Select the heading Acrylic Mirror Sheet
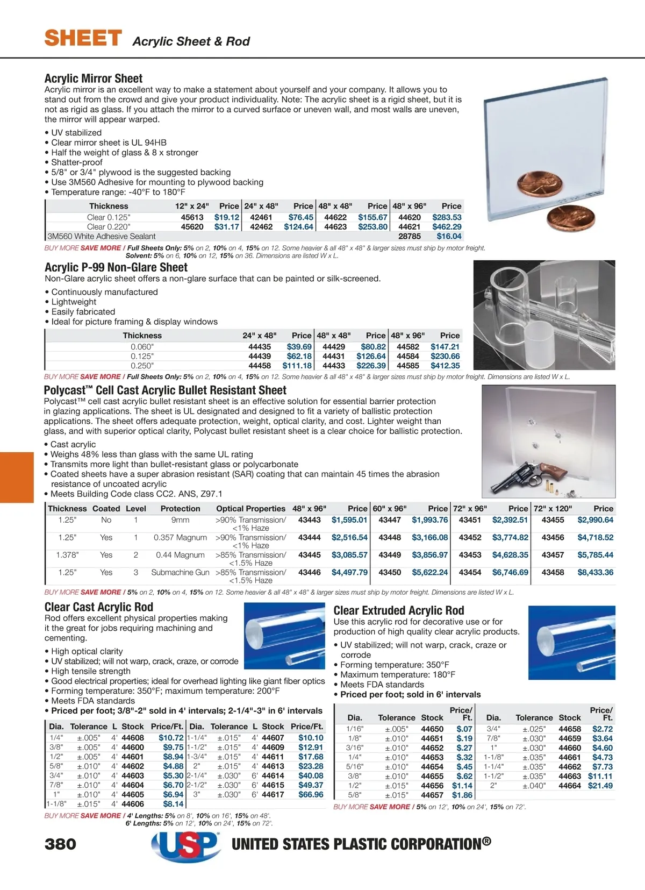pos(94,79)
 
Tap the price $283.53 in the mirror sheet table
pos(447,217)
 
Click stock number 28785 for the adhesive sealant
pos(410,236)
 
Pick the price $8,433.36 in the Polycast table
pos(595,572)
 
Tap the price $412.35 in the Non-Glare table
pos(445,366)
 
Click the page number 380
pos(60,844)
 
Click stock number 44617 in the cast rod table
pos(273,794)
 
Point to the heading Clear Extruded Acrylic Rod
pos(398,610)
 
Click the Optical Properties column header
pos(250,509)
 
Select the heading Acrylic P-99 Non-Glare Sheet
pos(116,267)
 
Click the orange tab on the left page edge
pos(17,477)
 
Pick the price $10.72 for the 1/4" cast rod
pos(171,738)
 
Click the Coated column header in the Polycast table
pos(106,509)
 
